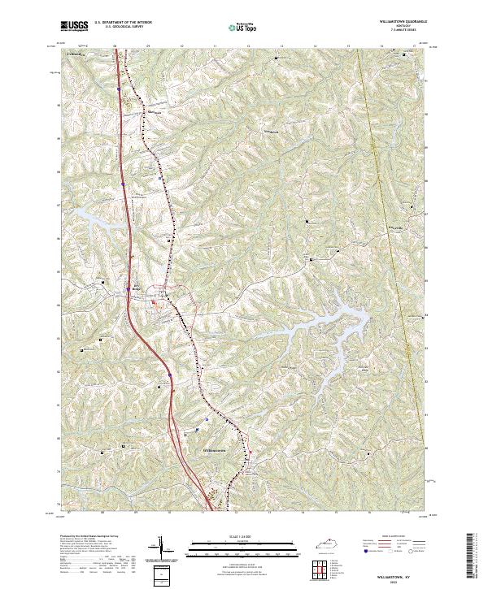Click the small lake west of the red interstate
[91, 214]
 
